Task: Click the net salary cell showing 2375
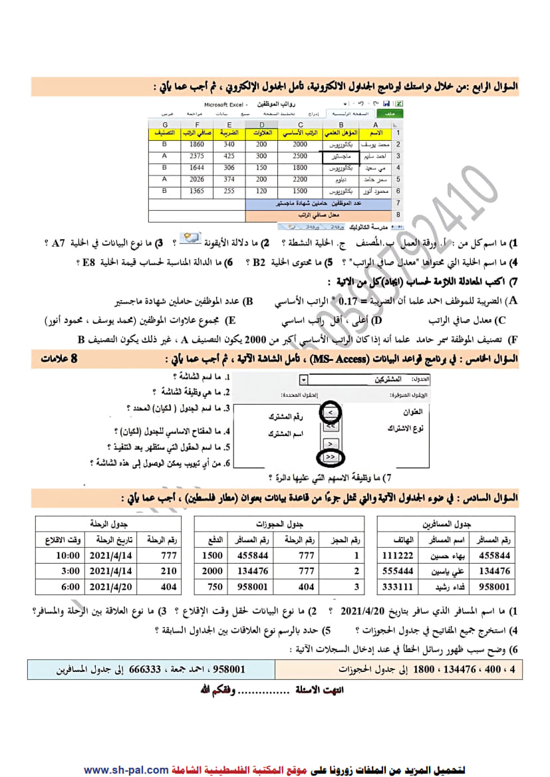point(196,156)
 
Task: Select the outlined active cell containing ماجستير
point(341,156)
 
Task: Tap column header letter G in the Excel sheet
point(164,124)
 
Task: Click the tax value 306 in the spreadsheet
point(229,167)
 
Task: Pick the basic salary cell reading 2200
point(300,179)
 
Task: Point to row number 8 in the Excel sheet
point(398,215)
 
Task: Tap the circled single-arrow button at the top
point(331,413)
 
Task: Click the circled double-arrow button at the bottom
point(331,457)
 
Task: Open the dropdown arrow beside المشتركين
point(304,380)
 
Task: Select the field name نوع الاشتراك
point(408,429)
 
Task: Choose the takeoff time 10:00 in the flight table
point(68,555)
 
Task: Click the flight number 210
point(169,571)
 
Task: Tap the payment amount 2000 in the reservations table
point(212,571)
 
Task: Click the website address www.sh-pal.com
point(126,770)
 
